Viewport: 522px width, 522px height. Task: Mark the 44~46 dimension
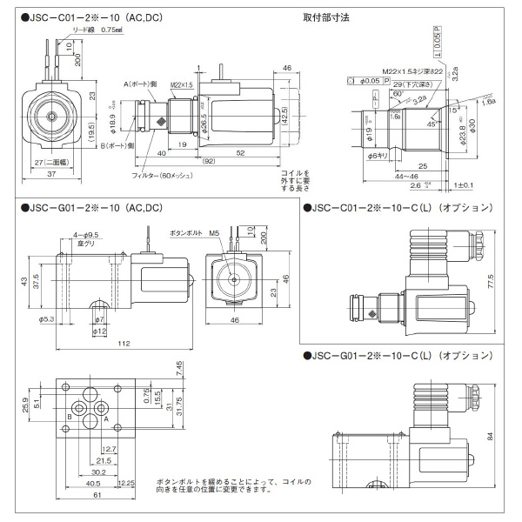click(x=400, y=176)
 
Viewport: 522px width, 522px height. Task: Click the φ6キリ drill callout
click(x=376, y=155)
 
